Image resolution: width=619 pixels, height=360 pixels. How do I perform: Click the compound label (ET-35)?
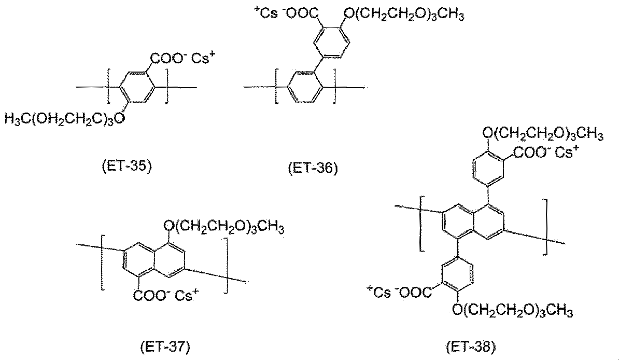(126, 167)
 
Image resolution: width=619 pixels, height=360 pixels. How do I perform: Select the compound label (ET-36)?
(313, 169)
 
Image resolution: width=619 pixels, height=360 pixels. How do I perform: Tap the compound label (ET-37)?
(165, 347)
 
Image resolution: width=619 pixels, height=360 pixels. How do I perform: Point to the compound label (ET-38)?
(471, 347)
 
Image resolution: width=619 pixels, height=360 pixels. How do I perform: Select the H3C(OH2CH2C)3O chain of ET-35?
(64, 119)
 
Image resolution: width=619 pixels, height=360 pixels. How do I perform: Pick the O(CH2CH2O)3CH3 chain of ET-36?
(404, 15)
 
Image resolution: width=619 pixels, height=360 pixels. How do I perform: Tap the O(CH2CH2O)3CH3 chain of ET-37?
(224, 227)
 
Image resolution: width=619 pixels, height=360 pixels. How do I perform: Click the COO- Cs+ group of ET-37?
(166, 295)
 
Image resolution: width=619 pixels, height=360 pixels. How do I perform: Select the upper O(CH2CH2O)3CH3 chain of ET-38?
(543, 133)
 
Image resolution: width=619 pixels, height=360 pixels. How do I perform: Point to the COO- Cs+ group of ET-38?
(546, 153)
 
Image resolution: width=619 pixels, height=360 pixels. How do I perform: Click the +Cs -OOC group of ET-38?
(399, 293)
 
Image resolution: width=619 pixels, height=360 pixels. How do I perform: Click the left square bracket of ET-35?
(109, 86)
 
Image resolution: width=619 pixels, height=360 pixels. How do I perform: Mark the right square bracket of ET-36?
(334, 86)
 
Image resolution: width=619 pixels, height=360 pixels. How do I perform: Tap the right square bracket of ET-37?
(226, 266)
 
